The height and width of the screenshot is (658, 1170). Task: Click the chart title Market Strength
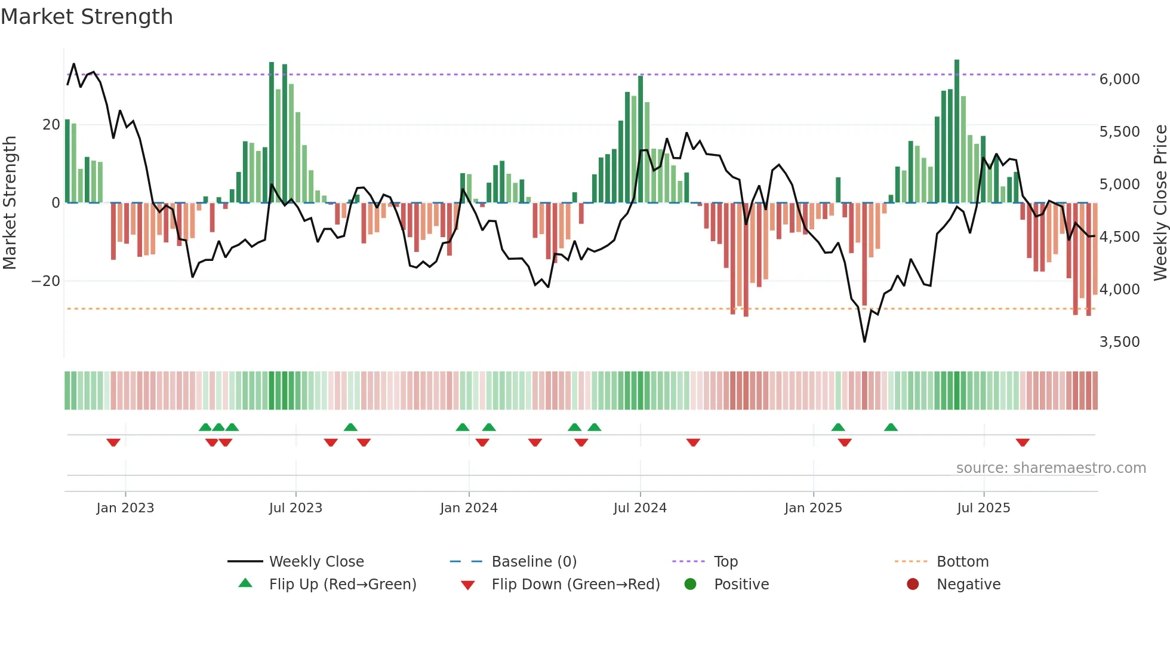click(87, 17)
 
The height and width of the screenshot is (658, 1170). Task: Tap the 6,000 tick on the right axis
click(1119, 79)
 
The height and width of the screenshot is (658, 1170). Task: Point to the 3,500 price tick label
click(1119, 342)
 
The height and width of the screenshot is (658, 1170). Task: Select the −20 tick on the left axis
click(46, 281)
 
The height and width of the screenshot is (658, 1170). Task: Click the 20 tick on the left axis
click(51, 125)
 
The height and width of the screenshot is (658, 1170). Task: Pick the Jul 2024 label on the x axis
click(639, 508)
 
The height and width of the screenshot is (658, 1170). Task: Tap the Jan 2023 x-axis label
click(125, 508)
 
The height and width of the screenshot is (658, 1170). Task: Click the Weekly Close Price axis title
click(1160, 203)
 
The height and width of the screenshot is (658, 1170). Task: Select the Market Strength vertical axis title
click(10, 203)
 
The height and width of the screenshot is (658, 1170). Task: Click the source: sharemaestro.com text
click(1051, 468)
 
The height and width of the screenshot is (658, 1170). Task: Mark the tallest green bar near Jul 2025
click(957, 131)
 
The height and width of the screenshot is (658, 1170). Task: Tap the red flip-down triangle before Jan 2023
click(113, 442)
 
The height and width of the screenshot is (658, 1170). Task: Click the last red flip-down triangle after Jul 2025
click(1023, 442)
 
